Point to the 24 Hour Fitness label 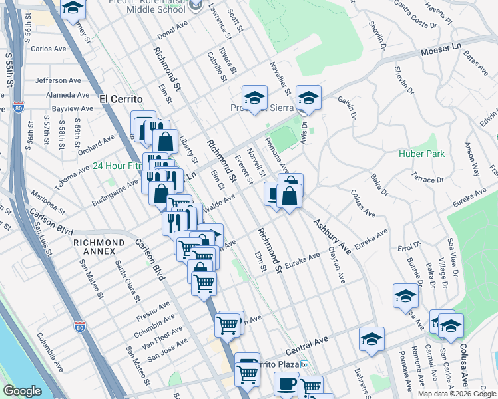click(117, 166)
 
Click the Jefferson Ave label click(58, 80)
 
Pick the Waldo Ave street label click(220, 203)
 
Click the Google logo click(22, 391)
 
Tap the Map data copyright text click(457, 394)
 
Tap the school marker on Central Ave click(372, 339)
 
